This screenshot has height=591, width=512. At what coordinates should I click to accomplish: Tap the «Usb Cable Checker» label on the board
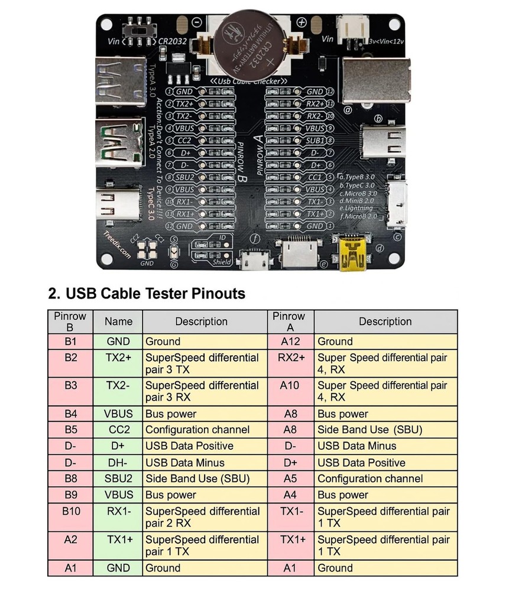(x=249, y=80)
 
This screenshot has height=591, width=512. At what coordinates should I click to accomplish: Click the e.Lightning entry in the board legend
(x=356, y=208)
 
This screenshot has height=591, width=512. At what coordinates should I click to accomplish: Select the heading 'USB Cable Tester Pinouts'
(x=146, y=293)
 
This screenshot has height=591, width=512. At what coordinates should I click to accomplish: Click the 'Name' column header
(x=119, y=322)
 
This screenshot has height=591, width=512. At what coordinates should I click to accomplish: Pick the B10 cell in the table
(x=70, y=511)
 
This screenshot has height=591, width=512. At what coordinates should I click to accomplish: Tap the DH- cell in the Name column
(x=119, y=462)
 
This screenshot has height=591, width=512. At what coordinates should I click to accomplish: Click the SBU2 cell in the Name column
(x=119, y=478)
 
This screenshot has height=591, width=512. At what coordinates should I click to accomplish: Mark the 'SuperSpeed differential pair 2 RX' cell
(x=203, y=517)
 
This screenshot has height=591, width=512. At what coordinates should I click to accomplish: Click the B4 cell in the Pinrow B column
(x=70, y=414)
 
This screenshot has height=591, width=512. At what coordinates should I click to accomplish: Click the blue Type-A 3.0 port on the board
(x=121, y=79)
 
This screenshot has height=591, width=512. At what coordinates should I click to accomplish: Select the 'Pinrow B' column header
(x=70, y=322)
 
